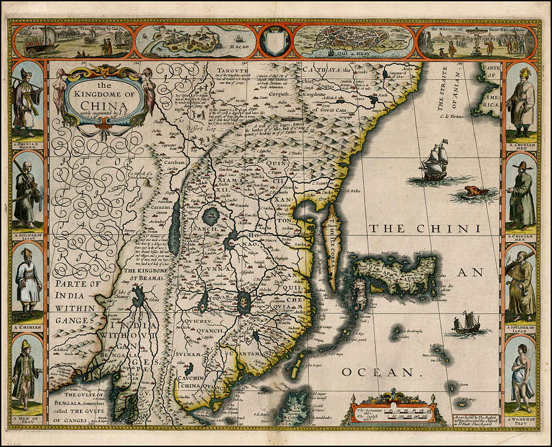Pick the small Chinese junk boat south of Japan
pyautogui.click(x=466, y=324)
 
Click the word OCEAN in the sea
pyautogui.click(x=378, y=372)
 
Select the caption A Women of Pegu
pyautogui.click(x=521, y=420)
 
